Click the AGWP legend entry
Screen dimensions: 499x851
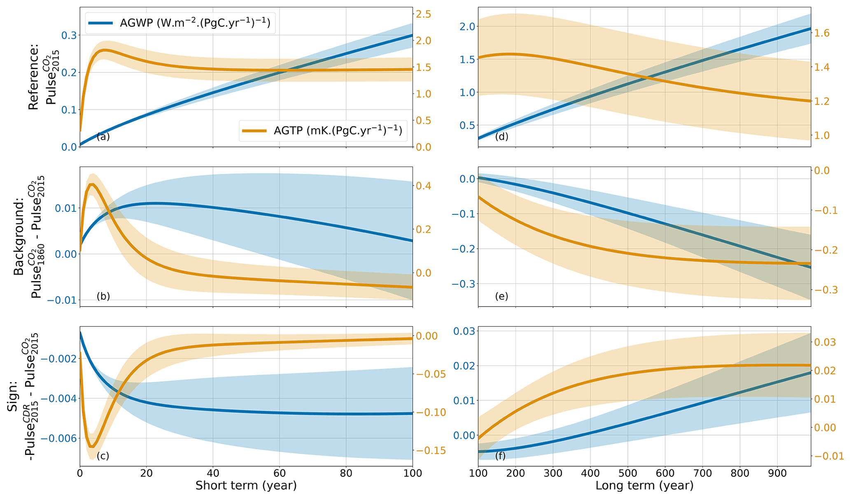(180, 23)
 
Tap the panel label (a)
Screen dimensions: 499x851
(103, 137)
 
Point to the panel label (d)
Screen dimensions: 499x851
(501, 137)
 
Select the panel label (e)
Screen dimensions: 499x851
(501, 296)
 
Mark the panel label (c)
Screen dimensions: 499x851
(103, 456)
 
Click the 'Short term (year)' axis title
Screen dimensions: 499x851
(246, 486)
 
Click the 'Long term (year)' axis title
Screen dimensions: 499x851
(644, 486)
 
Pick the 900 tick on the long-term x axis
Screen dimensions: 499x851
(777, 473)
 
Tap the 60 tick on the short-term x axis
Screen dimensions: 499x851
(279, 473)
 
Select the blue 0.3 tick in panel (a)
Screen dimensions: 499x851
(69, 35)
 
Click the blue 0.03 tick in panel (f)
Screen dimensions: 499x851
(464, 331)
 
